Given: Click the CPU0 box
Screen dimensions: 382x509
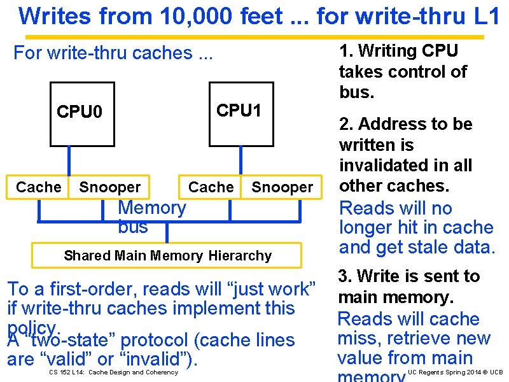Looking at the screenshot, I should point(82,113).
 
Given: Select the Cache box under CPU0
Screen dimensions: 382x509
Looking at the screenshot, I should point(38,187).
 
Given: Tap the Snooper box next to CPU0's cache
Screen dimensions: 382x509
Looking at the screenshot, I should point(109,187).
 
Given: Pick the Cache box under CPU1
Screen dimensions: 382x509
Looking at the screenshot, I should point(211,187).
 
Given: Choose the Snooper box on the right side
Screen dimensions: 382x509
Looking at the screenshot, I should point(282,187).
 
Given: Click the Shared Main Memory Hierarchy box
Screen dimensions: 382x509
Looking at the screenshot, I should point(167,255).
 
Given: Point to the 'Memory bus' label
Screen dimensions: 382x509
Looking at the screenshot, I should point(151,216).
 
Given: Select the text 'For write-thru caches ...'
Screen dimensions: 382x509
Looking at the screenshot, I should point(113,53).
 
